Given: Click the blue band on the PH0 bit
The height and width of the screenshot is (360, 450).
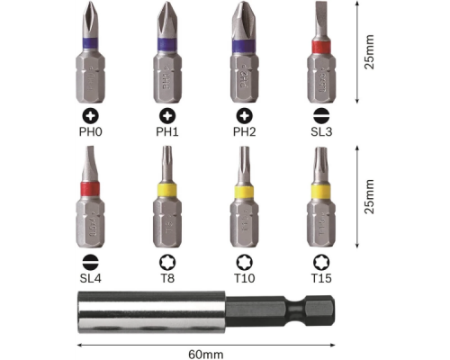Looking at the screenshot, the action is [90, 43].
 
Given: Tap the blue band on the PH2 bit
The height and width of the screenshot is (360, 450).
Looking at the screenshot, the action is [244, 46].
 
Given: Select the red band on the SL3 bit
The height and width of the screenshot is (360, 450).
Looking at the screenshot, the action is [321, 47].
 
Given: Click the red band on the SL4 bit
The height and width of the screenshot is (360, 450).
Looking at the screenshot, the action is [90, 189].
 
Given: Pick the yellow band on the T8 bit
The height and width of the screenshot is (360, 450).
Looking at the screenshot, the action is [167, 191].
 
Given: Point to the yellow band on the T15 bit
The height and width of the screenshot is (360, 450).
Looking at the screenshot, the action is [321, 192].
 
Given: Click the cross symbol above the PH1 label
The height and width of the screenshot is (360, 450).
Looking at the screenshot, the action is [167, 116].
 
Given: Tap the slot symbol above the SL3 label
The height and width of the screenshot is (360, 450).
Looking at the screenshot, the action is [321, 116].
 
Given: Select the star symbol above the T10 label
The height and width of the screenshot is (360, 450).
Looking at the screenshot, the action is [245, 263].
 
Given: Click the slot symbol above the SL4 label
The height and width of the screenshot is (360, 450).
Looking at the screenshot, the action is [90, 263].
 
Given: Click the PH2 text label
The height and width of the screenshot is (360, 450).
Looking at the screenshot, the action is [245, 132].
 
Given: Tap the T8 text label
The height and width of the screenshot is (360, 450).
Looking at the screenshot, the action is [167, 278].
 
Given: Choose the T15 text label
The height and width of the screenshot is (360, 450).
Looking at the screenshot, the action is [321, 278].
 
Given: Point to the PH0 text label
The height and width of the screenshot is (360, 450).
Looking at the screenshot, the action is [90, 132].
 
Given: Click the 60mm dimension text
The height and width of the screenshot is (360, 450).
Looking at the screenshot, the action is [206, 355].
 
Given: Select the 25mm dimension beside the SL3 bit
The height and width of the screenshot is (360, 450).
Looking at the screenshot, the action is [369, 52].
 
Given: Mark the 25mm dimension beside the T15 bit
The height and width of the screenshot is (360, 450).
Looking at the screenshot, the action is [369, 196].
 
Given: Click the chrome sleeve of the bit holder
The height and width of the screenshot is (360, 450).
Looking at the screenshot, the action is [151, 311].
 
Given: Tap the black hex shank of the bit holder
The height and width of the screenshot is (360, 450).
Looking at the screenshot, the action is [280, 310].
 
